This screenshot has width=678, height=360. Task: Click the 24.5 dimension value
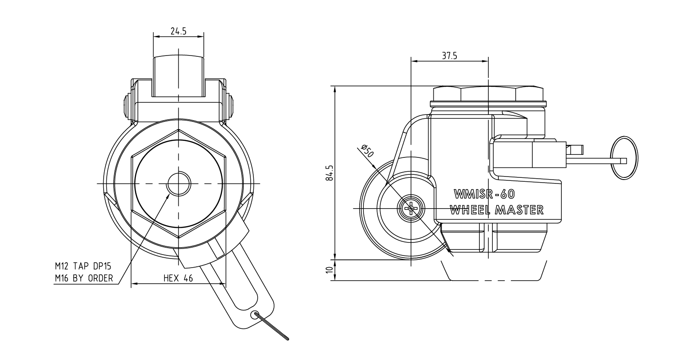point(178,31)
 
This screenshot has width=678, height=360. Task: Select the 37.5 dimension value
point(449,56)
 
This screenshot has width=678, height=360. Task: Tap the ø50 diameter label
point(368,151)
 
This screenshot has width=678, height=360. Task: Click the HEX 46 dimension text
point(178,278)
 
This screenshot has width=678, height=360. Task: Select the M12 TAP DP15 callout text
point(83,266)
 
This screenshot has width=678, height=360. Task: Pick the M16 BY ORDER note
point(84,278)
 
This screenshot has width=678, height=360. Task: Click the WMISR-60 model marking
point(484,194)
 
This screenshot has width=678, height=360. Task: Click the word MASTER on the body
point(519,210)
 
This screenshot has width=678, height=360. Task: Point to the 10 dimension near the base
point(331,270)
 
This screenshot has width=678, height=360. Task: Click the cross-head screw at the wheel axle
point(411,209)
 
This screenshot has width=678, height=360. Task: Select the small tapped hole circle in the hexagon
point(179,183)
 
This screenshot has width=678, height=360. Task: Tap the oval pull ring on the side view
point(624,158)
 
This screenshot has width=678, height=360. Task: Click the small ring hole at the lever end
point(255,314)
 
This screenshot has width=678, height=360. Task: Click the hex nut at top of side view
point(488,94)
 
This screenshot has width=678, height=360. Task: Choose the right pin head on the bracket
point(230,108)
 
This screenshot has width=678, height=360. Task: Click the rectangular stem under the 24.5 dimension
point(179,76)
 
